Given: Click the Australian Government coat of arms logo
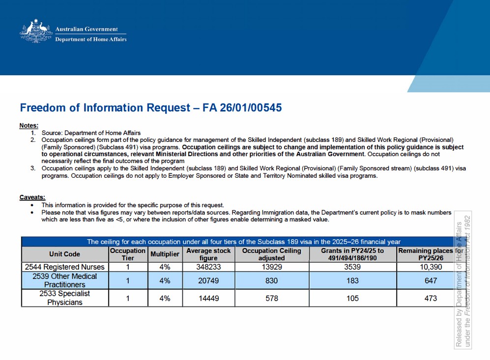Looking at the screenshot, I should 35,31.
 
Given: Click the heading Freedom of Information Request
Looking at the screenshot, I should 150,108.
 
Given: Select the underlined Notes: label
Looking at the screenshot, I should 29,126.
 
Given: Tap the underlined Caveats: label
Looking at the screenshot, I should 32,197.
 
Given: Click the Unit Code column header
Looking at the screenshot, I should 64,254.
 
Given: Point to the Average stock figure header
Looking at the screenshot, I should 208,254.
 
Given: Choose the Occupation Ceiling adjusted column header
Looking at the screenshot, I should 271,254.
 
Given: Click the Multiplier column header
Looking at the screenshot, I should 165,254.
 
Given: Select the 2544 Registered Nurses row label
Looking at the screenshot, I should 65,267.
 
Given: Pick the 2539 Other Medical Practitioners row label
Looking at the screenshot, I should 65,280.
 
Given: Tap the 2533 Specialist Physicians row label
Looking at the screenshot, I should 65,298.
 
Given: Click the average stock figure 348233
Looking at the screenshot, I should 208,267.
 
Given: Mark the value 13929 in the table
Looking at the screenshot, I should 271,267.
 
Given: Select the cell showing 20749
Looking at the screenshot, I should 208,280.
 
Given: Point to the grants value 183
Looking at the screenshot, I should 352,280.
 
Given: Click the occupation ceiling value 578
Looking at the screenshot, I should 271,298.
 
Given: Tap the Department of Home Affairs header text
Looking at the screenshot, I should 90,39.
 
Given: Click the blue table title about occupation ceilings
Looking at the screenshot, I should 243,242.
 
